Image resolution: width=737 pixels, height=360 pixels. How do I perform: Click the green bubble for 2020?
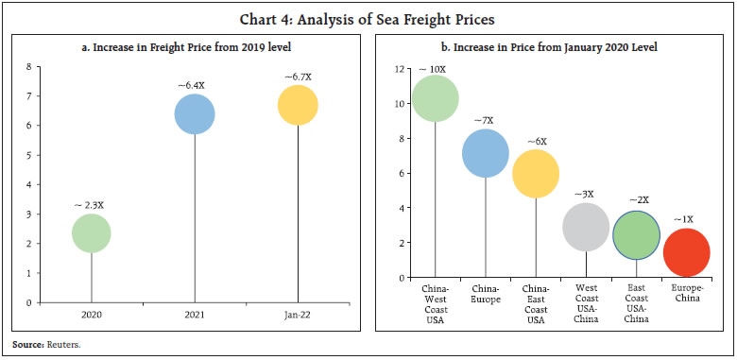[92, 233]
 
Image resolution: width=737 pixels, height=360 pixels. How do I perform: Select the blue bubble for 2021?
[195, 113]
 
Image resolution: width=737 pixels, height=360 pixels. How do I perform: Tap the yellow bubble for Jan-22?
[298, 105]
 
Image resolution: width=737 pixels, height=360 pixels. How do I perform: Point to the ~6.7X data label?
[298, 76]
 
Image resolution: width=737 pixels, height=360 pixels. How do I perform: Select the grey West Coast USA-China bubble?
[586, 227]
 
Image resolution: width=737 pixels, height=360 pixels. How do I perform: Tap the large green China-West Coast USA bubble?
[436, 99]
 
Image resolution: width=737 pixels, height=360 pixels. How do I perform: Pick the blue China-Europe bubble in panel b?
[486, 153]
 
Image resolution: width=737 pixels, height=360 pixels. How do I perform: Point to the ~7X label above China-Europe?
[486, 120]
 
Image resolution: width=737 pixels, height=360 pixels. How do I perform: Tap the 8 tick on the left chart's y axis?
[28, 66]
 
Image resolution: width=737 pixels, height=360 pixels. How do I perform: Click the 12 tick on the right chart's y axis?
[399, 69]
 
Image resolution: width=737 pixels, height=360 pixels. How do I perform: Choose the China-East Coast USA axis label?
[536, 303]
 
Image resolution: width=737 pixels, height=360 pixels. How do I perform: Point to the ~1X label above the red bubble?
[684, 219]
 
